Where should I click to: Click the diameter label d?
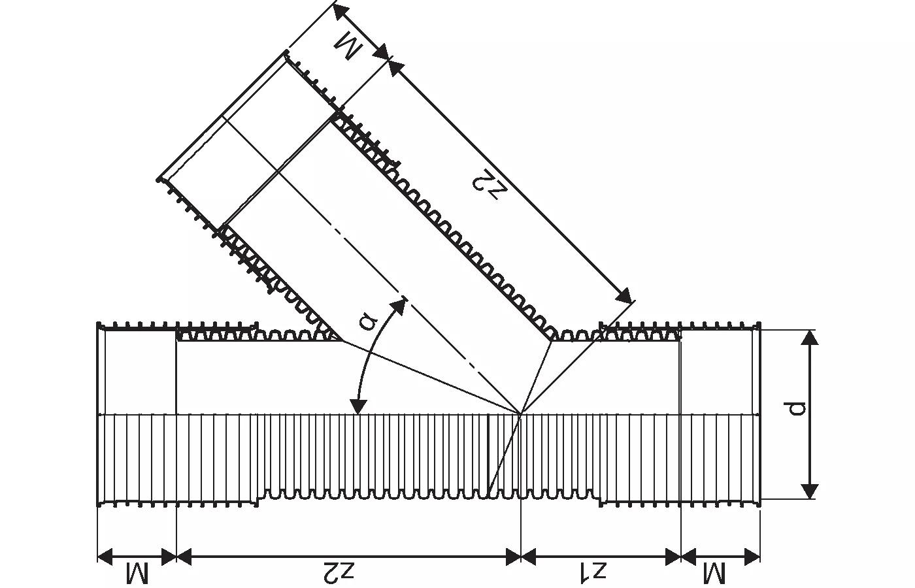[795, 408]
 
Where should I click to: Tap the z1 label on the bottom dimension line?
[592, 572]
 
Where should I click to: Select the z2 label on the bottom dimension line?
[338, 572]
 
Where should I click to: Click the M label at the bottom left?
[137, 574]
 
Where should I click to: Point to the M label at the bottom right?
[714, 574]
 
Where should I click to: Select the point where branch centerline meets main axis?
[521, 414]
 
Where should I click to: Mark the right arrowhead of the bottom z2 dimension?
[513, 557]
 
